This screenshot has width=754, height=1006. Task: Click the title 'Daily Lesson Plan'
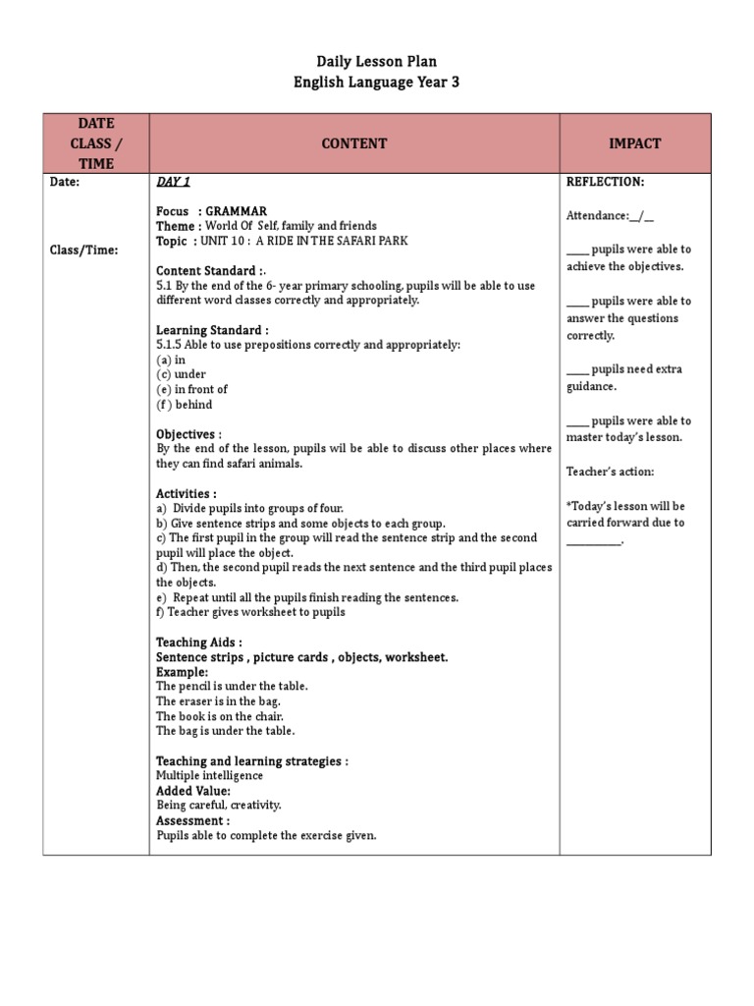point(376,62)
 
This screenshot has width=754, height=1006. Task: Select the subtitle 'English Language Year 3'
point(376,83)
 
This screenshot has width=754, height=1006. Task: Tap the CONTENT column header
point(353,143)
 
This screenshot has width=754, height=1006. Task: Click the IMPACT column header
point(634,143)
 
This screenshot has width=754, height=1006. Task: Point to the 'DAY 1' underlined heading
point(173,182)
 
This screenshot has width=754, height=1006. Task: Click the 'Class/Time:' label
point(84,250)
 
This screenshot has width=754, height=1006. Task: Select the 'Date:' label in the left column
point(65,182)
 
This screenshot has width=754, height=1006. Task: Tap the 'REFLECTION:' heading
point(605,182)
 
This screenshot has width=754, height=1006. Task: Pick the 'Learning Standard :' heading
point(212,330)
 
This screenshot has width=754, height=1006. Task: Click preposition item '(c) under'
point(182,374)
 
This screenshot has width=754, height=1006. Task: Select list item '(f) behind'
point(185,404)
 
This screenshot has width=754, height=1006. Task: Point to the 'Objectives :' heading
point(188,433)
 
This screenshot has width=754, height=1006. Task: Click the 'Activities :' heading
point(187,493)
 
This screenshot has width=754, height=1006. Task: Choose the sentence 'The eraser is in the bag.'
point(218,701)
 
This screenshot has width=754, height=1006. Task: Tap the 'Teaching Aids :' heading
point(199,642)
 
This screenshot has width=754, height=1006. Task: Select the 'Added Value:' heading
point(193,790)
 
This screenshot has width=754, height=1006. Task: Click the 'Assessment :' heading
point(192,820)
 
